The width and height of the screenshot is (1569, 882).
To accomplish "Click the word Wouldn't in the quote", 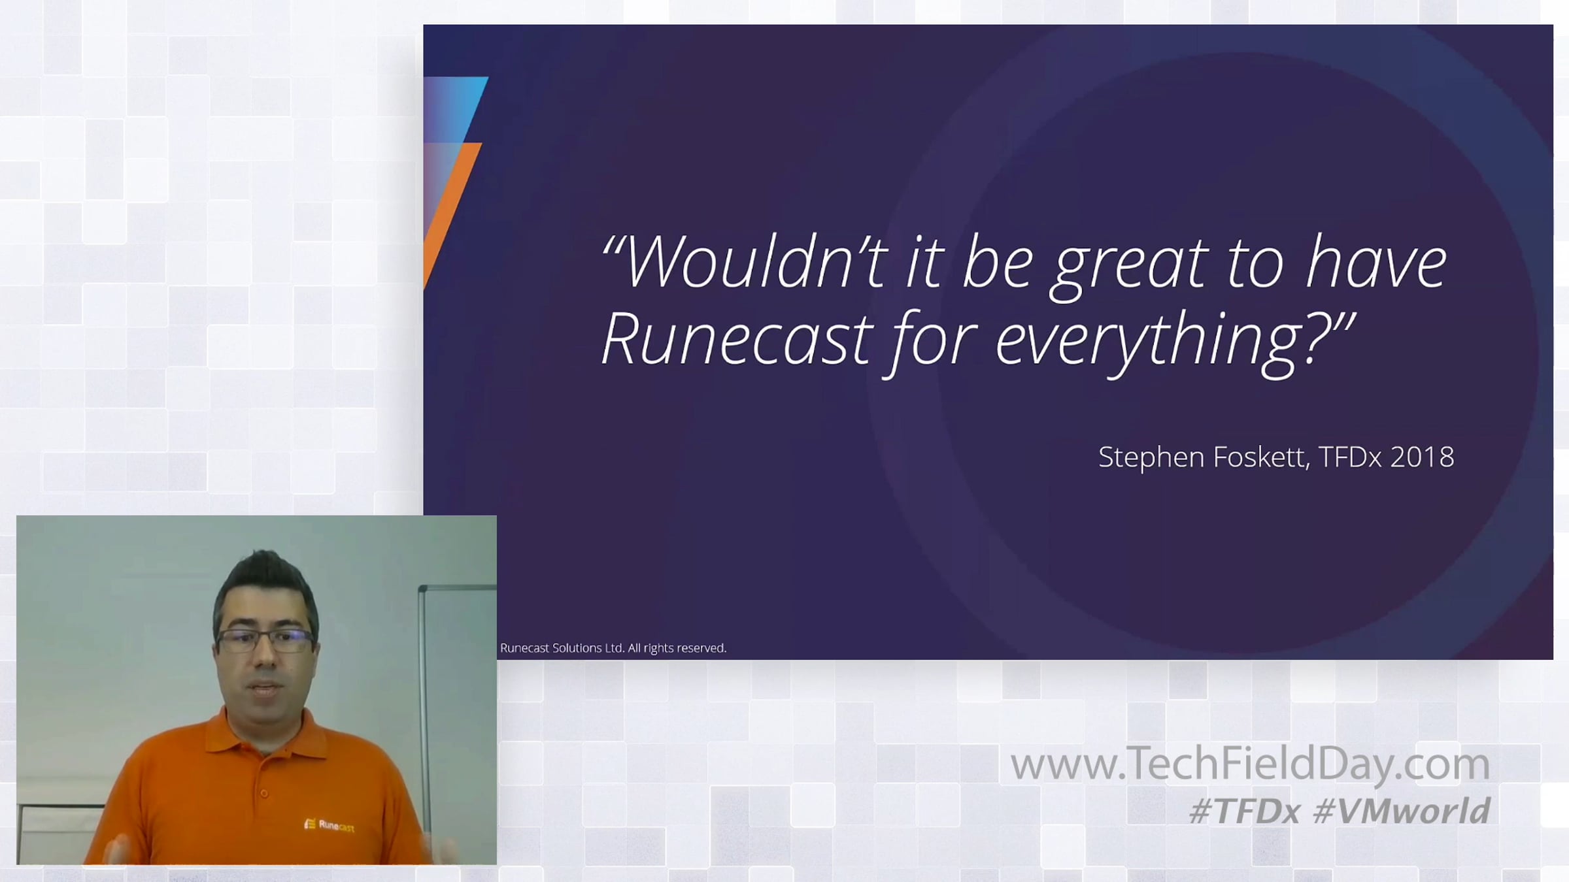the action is (752, 263).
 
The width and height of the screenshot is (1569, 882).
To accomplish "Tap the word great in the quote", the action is (1128, 268).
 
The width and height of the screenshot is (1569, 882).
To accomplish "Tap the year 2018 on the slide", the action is (1422, 457).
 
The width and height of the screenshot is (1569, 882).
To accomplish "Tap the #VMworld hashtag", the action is (1401, 811).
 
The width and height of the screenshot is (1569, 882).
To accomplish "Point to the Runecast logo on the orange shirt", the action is (329, 825).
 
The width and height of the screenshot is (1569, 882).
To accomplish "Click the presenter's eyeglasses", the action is (266, 640).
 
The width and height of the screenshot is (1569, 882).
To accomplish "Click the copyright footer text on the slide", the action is (613, 648).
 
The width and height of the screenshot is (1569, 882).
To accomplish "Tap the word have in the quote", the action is (1376, 263).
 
